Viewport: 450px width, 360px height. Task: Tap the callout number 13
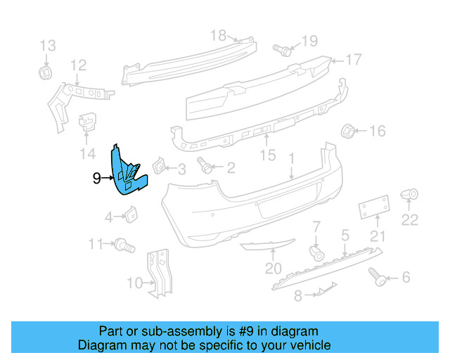(48, 46)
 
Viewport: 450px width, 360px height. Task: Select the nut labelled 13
(44, 72)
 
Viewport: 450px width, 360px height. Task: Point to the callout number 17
(353, 60)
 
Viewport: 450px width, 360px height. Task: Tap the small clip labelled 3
(159, 166)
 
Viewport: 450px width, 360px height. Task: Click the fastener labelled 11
(124, 245)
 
